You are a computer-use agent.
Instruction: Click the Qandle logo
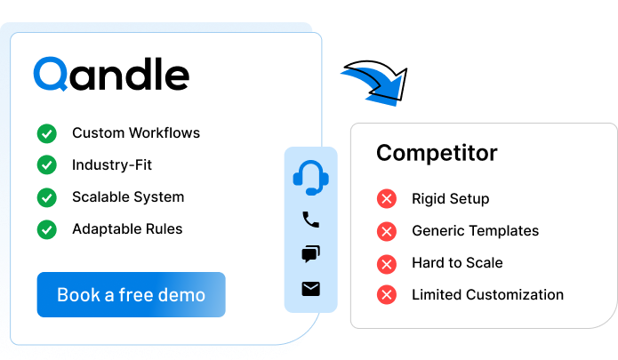[111, 75]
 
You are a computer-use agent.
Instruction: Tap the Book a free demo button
[131, 295]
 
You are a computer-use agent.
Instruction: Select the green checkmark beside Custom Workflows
[46, 133]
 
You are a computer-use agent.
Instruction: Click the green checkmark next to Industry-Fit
[46, 165]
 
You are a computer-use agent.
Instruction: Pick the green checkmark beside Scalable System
[46, 197]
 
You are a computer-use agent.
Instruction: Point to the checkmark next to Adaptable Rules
[46, 229]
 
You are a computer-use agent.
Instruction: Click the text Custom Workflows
[136, 133]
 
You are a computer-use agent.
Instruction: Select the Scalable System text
[128, 197]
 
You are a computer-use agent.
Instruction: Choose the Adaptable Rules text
[127, 229]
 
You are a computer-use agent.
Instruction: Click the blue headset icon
[310, 178]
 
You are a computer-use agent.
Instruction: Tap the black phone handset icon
[310, 220]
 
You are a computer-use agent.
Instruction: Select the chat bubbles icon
[310, 254]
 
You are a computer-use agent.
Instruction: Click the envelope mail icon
[310, 289]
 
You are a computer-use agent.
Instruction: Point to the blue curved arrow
[373, 85]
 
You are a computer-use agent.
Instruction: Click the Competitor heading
[437, 153]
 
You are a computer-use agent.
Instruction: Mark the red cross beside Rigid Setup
[386, 199]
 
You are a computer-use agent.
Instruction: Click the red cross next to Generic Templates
[386, 231]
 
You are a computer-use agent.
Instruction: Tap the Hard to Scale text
[457, 263]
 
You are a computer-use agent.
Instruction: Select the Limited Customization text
[487, 295]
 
